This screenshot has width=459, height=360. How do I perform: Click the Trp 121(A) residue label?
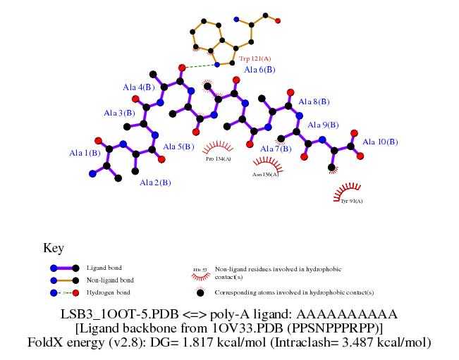pyautogui.click(x=255, y=58)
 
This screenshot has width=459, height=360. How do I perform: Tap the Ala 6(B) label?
pyautogui.click(x=259, y=70)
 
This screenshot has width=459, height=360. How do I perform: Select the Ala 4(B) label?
pyautogui.click(x=138, y=87)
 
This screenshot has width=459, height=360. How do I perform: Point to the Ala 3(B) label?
pyautogui.click(x=119, y=113)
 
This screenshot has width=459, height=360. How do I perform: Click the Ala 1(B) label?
pyautogui.click(x=84, y=153)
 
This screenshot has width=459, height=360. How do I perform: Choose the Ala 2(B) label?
pyautogui.click(x=155, y=182)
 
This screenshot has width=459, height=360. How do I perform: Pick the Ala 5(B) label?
pyautogui.click(x=178, y=147)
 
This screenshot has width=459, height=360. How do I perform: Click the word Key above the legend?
pyautogui.click(x=54, y=248)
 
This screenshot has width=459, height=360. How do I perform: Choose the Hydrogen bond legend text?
pyautogui.click(x=108, y=292)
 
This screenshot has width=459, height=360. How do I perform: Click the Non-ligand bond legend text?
pyautogui.click(x=109, y=280)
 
